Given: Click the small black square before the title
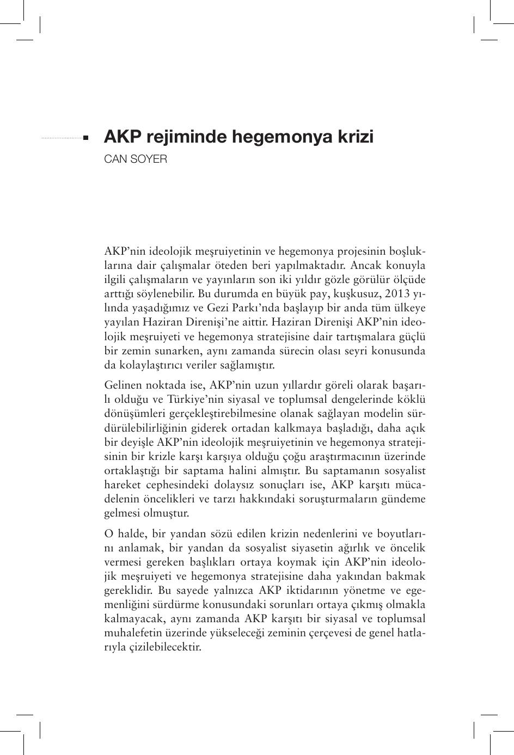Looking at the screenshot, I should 85,138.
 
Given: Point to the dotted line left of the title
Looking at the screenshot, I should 61,138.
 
